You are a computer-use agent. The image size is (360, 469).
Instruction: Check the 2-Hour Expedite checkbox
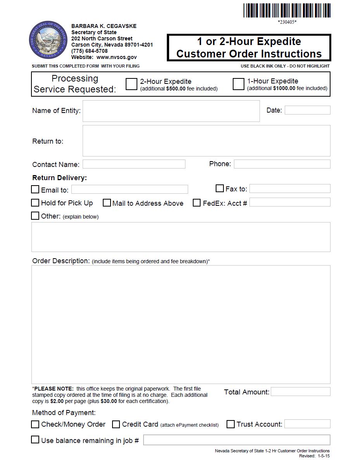132,84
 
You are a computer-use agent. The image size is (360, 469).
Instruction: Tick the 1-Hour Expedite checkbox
238,84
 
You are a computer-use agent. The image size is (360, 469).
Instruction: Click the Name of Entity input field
171,111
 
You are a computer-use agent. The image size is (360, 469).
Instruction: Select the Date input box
307,110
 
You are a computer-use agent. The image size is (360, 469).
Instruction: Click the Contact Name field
134,164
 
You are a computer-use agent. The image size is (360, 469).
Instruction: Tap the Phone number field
282,164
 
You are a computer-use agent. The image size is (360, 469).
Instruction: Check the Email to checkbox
35,189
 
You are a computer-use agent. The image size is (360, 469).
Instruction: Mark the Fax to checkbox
220,189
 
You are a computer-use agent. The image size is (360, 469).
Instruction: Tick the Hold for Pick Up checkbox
35,203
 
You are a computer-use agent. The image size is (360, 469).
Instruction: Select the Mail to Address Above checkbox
107,203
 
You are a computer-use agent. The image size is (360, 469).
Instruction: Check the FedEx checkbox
197,203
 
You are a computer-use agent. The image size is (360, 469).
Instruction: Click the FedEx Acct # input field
290,202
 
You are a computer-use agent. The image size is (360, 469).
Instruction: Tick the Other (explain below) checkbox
35,216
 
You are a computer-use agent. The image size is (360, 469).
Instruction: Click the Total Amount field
301,392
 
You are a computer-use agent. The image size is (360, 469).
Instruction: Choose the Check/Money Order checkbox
35,424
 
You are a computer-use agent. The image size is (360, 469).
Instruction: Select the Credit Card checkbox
116,424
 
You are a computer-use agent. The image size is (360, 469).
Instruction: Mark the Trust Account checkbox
230,424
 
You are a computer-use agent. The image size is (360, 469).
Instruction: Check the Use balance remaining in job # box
35,440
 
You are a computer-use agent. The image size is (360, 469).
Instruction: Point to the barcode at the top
287,10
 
